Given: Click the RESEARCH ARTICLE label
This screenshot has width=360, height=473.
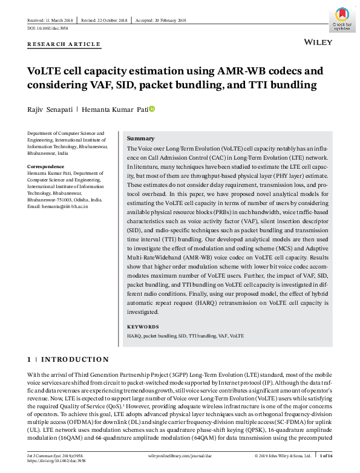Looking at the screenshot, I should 64,44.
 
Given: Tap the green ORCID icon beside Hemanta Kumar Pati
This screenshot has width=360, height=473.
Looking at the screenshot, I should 152,108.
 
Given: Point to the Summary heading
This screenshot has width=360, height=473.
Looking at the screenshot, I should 140,139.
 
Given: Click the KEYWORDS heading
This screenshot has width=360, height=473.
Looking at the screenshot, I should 143,327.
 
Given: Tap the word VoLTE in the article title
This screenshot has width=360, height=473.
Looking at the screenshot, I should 47,71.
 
